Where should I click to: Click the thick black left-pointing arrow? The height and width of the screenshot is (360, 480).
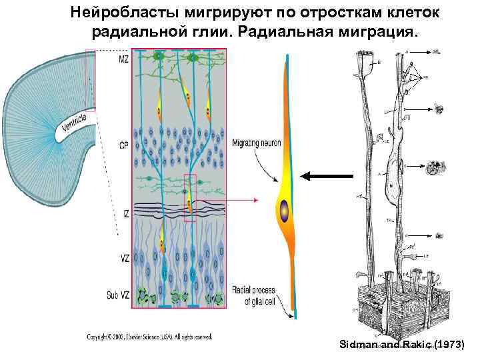tap(326, 176)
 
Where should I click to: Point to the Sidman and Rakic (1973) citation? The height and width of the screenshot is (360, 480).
tap(405, 345)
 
